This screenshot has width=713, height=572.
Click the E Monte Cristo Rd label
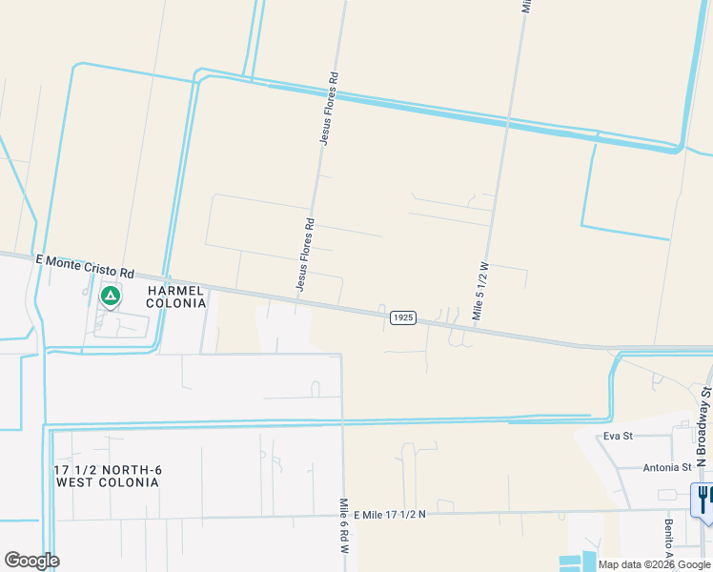click(x=85, y=258)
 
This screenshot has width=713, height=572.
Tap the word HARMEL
click(x=175, y=290)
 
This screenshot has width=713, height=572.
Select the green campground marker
click(x=111, y=296)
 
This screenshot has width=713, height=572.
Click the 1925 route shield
click(x=403, y=317)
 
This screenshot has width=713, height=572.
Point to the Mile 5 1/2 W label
click(x=480, y=293)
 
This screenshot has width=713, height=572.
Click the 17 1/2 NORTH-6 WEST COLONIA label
click(x=107, y=476)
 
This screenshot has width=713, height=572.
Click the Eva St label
click(x=618, y=437)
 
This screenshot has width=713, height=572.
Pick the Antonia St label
click(x=666, y=467)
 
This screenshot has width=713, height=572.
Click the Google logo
click(x=31, y=560)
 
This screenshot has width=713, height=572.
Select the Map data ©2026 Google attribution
click(x=653, y=564)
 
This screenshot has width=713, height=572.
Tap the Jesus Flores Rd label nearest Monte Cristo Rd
click(x=304, y=255)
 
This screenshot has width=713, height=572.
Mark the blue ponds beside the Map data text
click(x=576, y=562)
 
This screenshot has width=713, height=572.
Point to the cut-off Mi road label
click(x=525, y=6)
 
